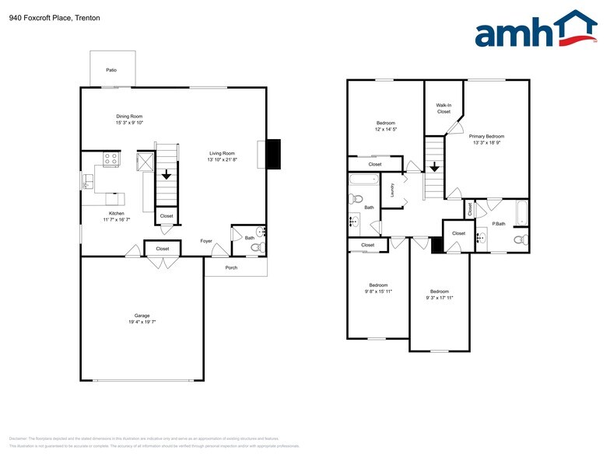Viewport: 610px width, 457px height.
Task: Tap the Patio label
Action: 111,71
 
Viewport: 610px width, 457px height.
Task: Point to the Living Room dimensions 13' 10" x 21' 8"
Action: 222,160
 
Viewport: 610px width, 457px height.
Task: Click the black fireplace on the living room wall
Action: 273,153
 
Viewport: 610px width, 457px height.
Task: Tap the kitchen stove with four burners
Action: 110,159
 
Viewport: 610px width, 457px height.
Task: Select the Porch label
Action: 231,268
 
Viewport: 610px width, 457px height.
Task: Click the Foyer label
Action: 205,241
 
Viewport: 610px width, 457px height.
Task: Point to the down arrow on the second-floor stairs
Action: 433,166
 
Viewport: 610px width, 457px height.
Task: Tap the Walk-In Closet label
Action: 443,108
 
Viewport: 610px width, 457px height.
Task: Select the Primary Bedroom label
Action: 486,136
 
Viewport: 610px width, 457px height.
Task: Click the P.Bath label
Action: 499,224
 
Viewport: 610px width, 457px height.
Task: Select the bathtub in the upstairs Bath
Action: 363,180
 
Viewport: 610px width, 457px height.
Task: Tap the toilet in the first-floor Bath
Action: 256,247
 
